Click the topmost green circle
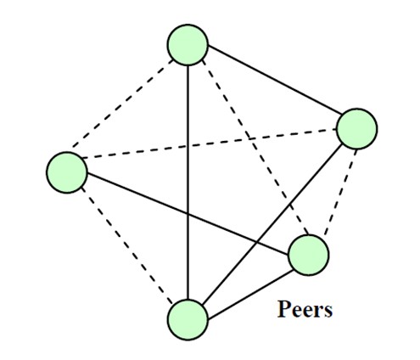point(188,45)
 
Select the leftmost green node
point(67,172)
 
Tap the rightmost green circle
point(357,129)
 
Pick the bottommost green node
point(188,320)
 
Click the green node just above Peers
point(308,256)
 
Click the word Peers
point(305,309)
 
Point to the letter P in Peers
point(284,308)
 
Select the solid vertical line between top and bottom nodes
point(188,183)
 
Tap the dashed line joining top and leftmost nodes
point(122,104)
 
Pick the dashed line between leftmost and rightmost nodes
point(209,143)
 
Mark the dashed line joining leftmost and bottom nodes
point(127,245)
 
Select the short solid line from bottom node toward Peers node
point(250,295)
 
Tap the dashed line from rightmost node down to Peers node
point(340,192)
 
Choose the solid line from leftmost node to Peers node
point(188,214)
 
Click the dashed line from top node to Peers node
point(255,147)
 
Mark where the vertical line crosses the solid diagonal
point(188,214)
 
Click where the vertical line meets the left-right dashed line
point(188,146)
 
